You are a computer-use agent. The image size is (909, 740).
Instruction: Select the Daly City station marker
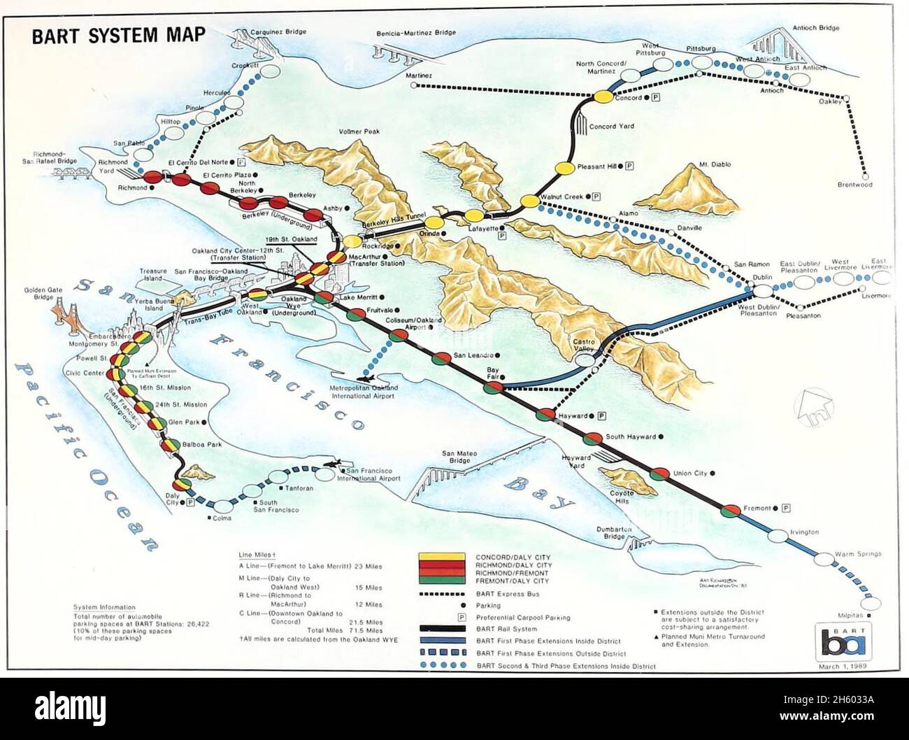182,485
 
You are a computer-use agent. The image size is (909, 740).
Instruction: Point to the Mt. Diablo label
715,164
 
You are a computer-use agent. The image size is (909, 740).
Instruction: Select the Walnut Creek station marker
530,201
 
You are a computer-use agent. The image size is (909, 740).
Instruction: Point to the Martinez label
417,76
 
